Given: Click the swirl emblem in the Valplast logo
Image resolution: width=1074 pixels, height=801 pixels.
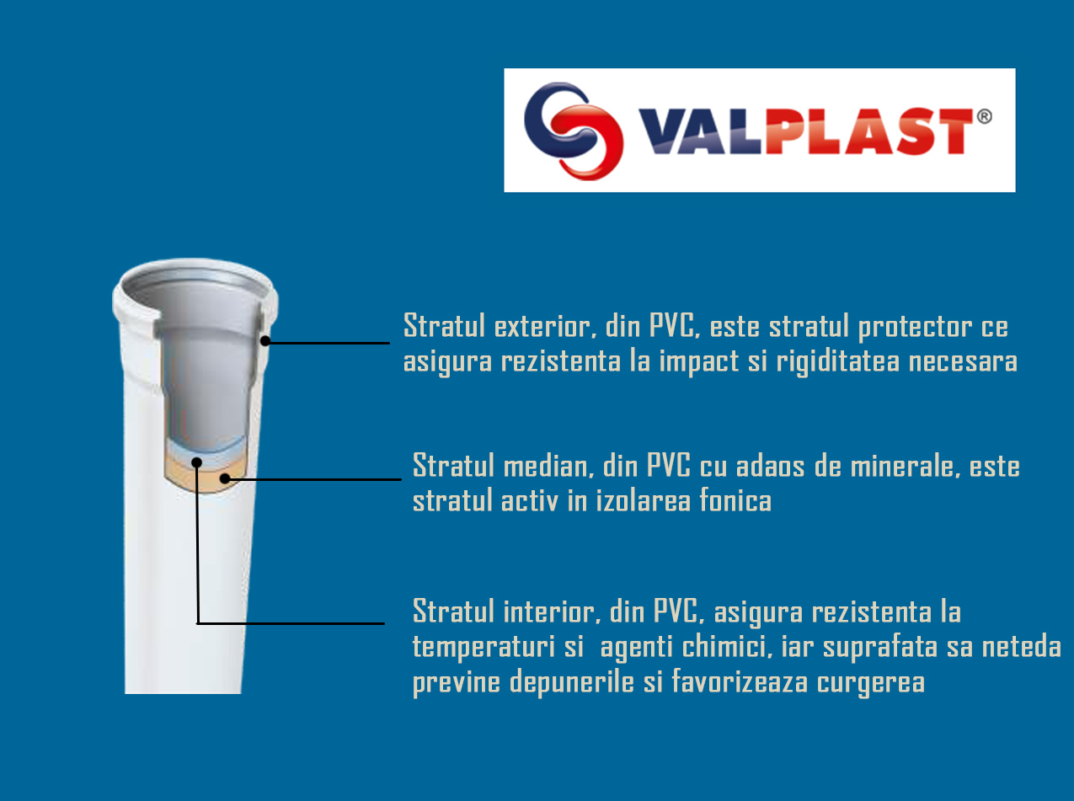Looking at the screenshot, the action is (574, 131).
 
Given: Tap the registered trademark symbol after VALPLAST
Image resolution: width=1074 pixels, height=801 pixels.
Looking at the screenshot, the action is (984, 116).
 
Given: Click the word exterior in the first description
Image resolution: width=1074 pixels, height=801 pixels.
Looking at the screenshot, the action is (546, 326).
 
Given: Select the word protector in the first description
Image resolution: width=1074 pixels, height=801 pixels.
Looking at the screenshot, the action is (915, 327).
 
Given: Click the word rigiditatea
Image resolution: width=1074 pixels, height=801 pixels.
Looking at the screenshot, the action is (837, 362).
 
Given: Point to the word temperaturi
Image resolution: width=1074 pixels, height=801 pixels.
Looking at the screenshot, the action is (484, 648).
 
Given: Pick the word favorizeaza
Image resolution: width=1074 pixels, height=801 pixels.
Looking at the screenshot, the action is (740, 681).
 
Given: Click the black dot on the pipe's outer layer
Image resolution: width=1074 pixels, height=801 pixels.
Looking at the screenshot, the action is (265, 341).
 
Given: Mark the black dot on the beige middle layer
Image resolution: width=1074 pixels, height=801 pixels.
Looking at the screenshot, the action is (225, 478).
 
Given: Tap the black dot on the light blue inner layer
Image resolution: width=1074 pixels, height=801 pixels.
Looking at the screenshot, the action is (197, 462).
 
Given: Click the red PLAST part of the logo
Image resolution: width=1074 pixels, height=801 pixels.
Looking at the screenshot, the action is (869, 131).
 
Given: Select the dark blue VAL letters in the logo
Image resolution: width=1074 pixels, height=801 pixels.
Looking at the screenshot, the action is (701, 131).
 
